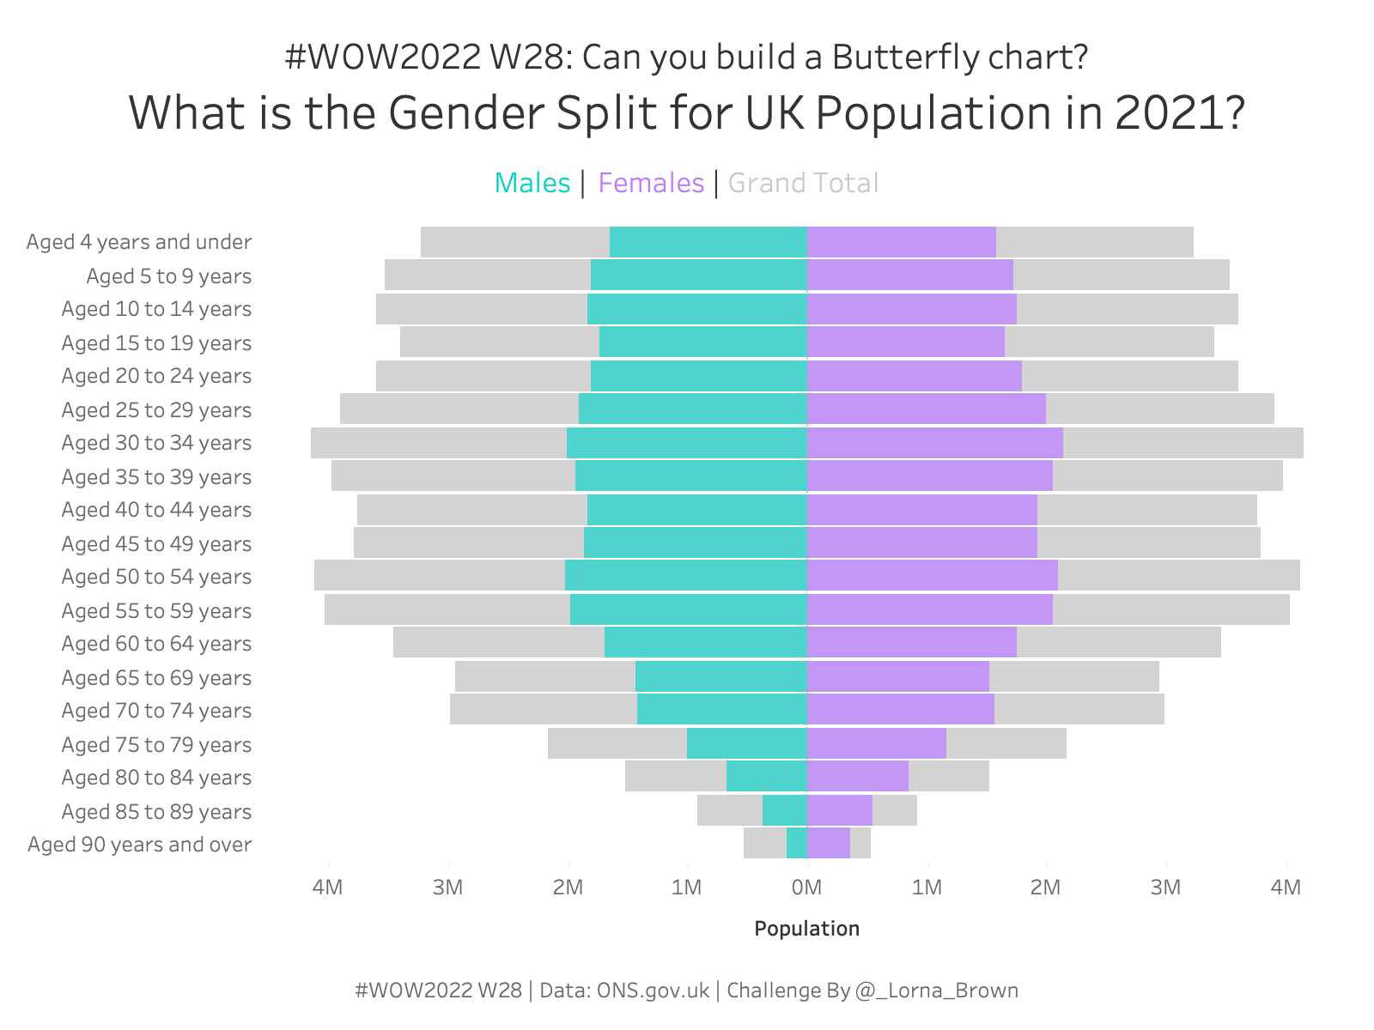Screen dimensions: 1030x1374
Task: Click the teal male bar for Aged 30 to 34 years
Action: tap(687, 443)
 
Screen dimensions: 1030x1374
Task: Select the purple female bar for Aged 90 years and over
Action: tap(829, 844)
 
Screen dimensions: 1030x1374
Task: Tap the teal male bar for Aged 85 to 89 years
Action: tap(785, 810)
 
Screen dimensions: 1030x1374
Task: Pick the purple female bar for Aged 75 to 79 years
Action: tap(877, 743)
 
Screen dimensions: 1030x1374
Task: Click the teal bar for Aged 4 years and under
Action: tap(708, 242)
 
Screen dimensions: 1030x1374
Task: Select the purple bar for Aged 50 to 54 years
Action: tap(933, 575)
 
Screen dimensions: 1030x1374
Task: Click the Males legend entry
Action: tap(532, 184)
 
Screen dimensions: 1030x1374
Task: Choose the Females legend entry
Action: tap(651, 184)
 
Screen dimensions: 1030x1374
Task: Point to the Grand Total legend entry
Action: tap(803, 184)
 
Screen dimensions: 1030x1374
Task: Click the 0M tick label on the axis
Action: tap(807, 888)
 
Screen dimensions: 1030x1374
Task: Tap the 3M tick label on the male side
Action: tap(448, 888)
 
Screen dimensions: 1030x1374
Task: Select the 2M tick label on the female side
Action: tap(1046, 888)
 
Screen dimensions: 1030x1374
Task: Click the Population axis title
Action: tap(807, 929)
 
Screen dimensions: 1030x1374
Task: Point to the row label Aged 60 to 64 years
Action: tap(156, 644)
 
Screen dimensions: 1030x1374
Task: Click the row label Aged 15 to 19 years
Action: tap(156, 343)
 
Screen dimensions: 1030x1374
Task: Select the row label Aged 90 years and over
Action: tap(140, 845)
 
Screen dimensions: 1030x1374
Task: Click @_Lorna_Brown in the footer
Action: tap(937, 991)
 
